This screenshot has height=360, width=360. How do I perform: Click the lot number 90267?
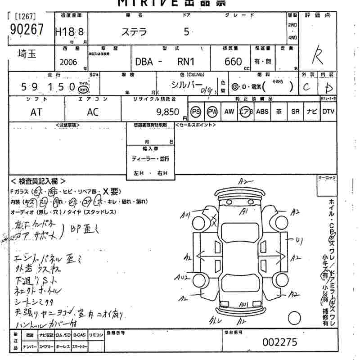click(x=27, y=30)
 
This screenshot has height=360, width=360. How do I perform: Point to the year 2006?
click(x=68, y=62)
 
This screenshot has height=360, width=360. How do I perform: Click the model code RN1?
click(x=185, y=62)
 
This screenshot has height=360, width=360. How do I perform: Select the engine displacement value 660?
click(x=233, y=62)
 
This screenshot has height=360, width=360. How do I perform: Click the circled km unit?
click(x=83, y=89)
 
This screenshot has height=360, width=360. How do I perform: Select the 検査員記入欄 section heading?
click(x=38, y=181)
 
